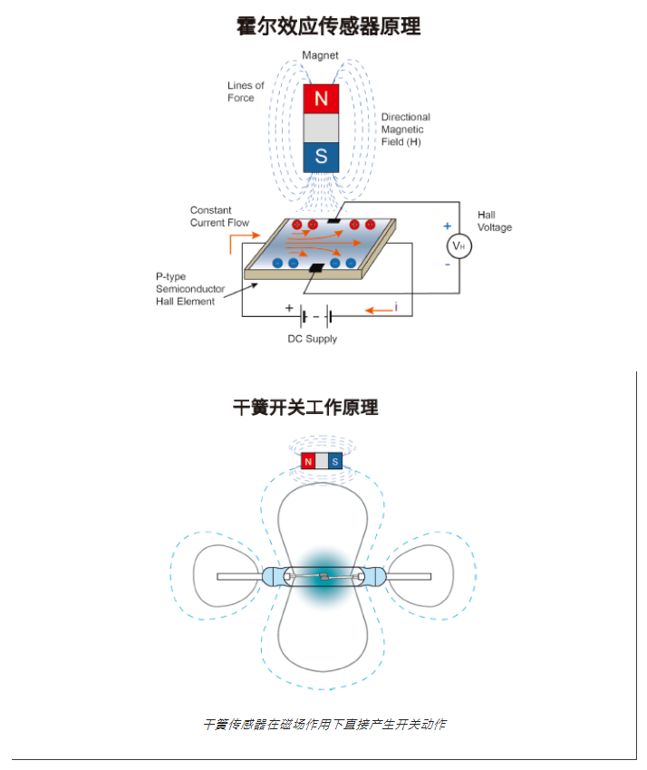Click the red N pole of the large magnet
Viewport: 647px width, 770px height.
pos(321,99)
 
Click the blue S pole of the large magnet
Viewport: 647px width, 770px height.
pos(321,157)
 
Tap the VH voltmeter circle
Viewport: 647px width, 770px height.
pos(459,246)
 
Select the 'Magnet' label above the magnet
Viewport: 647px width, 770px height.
pos(320,55)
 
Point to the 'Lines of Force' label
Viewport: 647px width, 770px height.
pos(246,91)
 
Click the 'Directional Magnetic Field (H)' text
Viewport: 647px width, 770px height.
pos(406,130)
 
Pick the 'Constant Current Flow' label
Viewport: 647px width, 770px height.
pos(219,217)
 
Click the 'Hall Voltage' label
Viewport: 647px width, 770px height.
pos(495,221)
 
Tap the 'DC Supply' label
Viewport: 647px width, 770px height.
pos(313,339)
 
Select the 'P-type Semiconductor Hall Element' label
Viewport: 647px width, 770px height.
pos(190,289)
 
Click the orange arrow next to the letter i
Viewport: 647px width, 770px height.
pos(379,310)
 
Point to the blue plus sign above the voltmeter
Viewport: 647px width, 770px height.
pos(447,226)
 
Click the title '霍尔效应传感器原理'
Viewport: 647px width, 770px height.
pos(328,26)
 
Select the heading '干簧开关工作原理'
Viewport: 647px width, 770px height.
pos(305,407)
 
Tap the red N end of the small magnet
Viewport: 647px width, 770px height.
pos(308,460)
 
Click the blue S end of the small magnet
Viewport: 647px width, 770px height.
pos(335,460)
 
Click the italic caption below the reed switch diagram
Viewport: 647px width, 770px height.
pos(324,724)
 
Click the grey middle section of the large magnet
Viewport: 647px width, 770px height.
pos(321,128)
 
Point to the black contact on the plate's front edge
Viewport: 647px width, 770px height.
pos(316,267)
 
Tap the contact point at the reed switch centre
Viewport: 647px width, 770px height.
pos(323,576)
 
